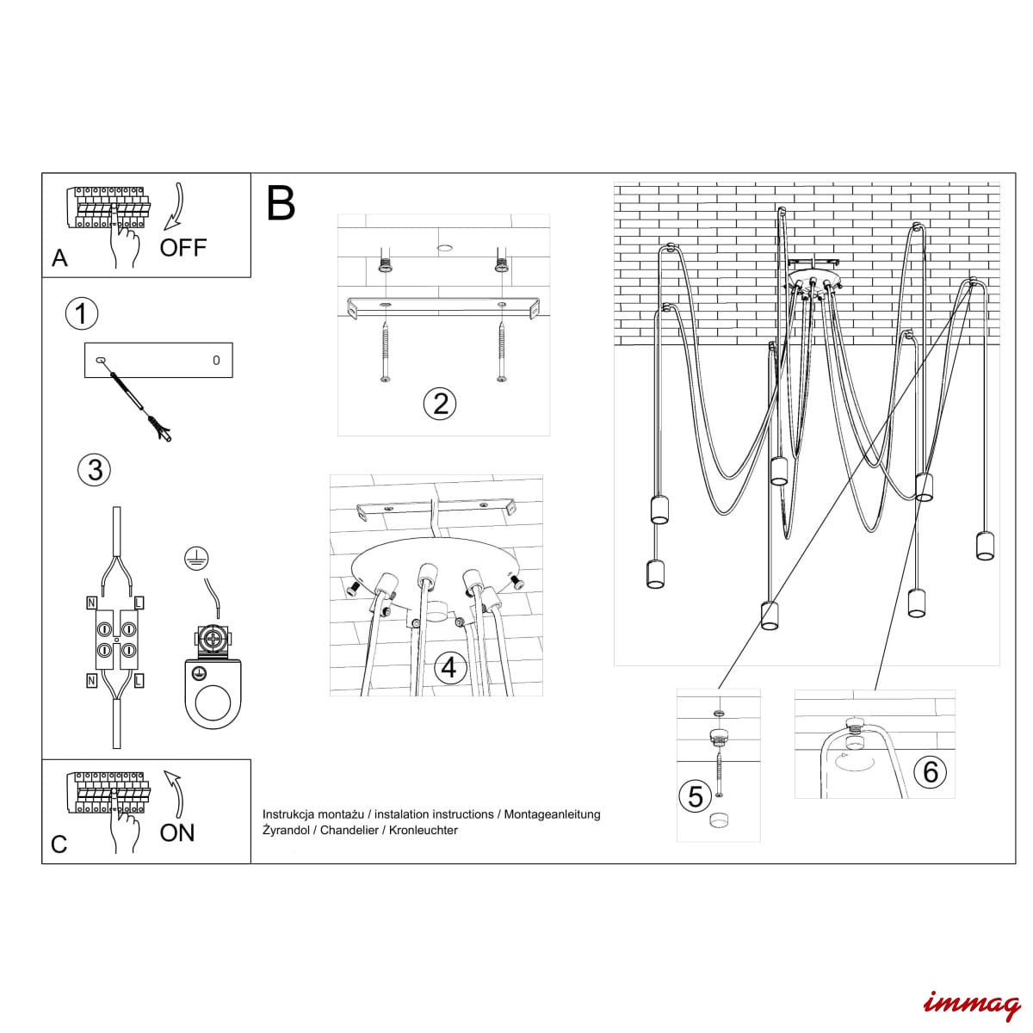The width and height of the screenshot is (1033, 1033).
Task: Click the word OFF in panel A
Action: point(182,248)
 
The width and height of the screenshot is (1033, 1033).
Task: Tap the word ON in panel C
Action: point(177,832)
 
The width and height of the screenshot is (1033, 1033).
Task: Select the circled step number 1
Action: point(82,314)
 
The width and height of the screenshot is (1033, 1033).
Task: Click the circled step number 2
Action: point(440,404)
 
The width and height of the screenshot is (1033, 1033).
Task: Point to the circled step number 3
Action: point(95,470)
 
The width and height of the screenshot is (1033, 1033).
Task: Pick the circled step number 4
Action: point(448,668)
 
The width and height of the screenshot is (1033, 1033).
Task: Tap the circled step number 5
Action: point(695,796)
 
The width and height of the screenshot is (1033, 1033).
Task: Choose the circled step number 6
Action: point(931,772)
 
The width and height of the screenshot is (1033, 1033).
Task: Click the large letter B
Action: point(281,204)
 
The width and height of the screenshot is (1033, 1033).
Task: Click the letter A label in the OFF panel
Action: point(59,258)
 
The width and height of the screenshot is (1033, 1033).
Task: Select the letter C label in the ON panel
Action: point(59,844)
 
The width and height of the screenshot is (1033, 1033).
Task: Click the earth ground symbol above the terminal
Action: point(196,559)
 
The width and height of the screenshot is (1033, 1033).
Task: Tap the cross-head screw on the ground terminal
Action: point(213,640)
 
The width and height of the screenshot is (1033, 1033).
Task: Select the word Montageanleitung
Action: point(552,815)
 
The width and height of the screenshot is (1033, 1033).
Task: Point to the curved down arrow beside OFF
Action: point(175,207)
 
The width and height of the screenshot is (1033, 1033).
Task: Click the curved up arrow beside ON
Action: point(175,795)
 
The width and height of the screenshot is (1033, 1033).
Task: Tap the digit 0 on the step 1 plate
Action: point(216,360)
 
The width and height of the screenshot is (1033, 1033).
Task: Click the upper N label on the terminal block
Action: point(91,603)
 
